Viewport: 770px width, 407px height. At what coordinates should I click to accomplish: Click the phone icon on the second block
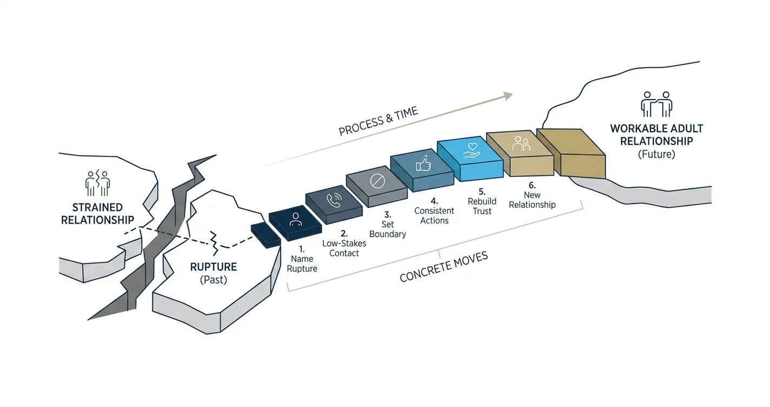[334, 200]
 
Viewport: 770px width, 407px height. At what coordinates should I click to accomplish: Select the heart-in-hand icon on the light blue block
[472, 150]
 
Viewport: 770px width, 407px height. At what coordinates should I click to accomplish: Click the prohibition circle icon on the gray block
[377, 181]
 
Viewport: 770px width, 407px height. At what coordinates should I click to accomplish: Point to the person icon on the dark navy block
[295, 219]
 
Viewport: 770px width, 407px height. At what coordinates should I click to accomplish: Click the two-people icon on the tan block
[521, 143]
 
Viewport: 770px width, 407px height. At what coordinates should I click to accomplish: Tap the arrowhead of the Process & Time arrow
[508, 96]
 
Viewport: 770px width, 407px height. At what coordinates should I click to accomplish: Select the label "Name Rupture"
[302, 264]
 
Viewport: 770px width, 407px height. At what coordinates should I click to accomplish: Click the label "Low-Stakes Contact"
[344, 248]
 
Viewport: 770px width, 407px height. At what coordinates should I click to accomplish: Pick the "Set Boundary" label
[388, 229]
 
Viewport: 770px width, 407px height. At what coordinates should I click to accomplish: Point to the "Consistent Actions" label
[434, 215]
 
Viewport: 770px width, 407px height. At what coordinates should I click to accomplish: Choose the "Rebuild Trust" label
[482, 206]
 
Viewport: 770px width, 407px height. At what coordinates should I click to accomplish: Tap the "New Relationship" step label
[532, 200]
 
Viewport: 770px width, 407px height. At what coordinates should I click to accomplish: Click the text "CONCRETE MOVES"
[443, 267]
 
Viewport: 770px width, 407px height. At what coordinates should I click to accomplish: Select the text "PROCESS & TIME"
[378, 121]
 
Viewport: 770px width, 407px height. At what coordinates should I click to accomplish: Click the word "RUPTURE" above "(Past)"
[214, 267]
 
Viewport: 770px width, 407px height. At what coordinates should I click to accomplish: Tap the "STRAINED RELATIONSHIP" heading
[98, 214]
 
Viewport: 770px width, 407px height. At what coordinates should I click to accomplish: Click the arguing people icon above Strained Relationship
[98, 183]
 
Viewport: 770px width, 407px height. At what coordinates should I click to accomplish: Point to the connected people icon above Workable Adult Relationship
[656, 104]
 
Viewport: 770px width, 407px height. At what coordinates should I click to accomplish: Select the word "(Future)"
[656, 154]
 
